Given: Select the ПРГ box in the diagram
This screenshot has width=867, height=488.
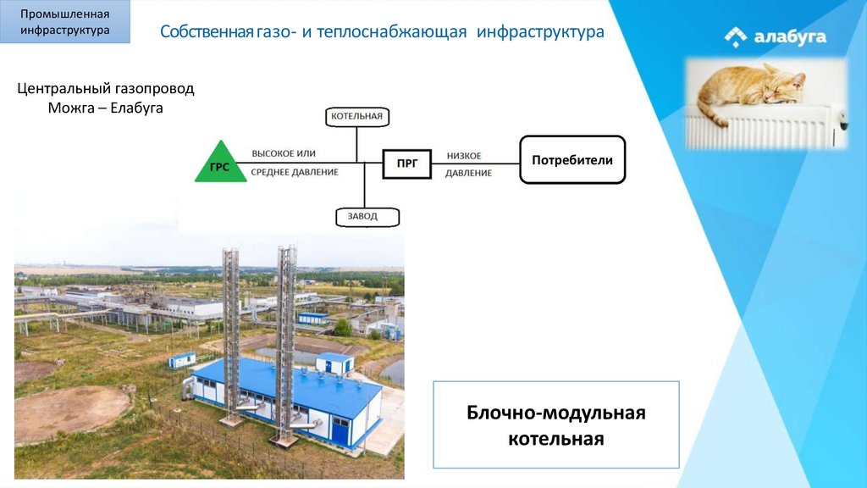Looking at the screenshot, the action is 406,163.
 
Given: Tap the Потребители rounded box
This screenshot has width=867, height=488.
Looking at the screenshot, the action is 572,159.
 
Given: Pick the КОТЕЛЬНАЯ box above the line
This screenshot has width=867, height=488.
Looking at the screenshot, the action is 357,116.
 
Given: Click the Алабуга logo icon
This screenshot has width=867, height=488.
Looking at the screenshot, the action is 736,37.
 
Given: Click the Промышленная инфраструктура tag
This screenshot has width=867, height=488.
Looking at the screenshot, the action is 66,23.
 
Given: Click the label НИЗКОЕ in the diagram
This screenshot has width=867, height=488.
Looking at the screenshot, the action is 464,156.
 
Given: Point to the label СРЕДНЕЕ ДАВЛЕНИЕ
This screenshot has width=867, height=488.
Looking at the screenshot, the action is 295,172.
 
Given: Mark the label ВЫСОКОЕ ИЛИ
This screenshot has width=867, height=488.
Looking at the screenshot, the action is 284,153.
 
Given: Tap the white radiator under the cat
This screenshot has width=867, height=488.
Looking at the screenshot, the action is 762,131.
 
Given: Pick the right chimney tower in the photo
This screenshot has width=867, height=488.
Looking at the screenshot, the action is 286,339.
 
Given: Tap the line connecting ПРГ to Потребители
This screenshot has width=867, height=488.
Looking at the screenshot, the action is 475,164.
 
